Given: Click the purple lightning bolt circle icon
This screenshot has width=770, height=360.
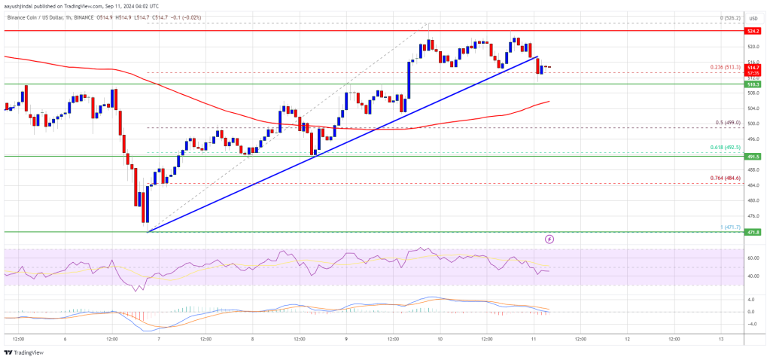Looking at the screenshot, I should click(x=549, y=239).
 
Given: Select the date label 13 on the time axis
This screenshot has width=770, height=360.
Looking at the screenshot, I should click(x=720, y=338).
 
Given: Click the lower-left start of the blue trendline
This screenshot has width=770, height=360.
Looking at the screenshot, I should click(x=148, y=231).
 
